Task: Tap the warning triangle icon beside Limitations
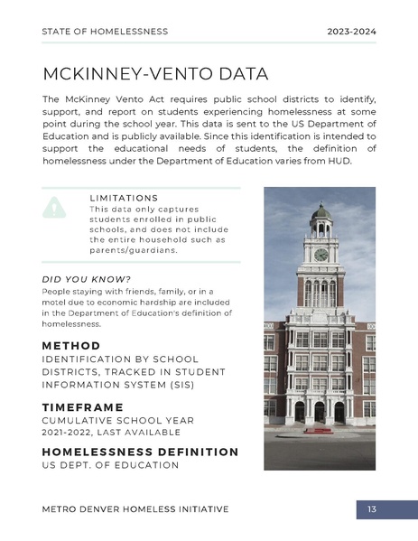(54, 207)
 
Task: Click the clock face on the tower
(320, 255)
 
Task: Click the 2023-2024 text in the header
(351, 32)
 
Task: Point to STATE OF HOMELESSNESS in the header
(105, 32)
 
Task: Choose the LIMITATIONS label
(124, 198)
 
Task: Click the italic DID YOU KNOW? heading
(87, 278)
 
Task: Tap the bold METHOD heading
(71, 346)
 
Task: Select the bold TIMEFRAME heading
(82, 407)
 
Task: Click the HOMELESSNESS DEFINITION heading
(140, 452)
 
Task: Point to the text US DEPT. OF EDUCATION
(110, 465)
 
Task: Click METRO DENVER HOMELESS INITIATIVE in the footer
(135, 509)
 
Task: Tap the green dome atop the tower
(320, 212)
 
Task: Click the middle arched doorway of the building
(320, 413)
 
